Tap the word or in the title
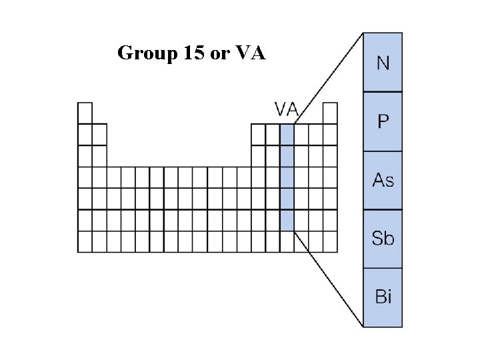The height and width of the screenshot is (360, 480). pos(219,53)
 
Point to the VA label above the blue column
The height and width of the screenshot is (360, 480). pos(287,107)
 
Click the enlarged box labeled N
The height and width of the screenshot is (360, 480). pos(383,63)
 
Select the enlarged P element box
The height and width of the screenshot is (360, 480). pos(383,121)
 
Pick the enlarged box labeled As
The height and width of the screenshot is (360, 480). pos(383,180)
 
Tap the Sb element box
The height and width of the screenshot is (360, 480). pos(383,238)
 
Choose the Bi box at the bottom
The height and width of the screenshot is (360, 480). pos(383,297)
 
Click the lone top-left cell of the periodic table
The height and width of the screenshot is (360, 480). pos(85,113)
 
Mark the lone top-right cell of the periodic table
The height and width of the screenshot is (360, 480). pos(330,113)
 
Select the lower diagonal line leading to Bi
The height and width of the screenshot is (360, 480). pos(328,279)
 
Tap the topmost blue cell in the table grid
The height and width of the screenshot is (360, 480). pos(287,134)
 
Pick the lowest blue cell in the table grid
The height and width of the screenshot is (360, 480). pos(287,220)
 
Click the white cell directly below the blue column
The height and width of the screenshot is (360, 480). pos(287,241)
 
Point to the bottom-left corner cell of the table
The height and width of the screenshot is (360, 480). pos(85,241)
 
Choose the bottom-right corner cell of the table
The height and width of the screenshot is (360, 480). pos(330,241)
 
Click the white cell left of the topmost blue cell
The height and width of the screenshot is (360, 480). pos(272,134)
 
